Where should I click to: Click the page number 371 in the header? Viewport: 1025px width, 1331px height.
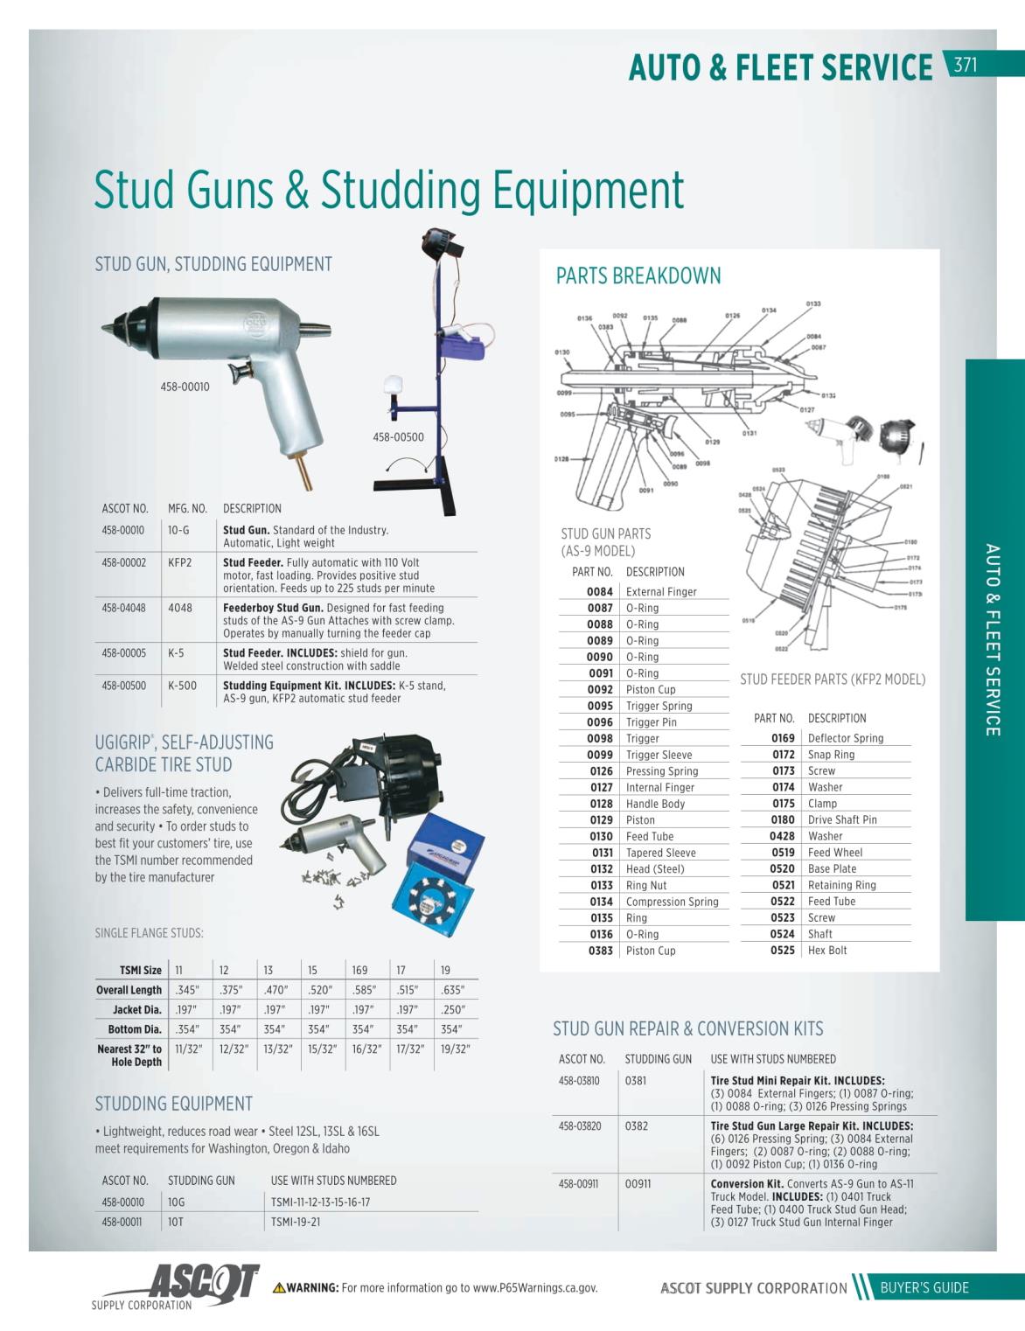pyautogui.click(x=965, y=65)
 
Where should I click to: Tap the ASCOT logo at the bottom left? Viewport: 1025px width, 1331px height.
pyautogui.click(x=205, y=1283)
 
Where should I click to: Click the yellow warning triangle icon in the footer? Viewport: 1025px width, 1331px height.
pyautogui.click(x=279, y=1287)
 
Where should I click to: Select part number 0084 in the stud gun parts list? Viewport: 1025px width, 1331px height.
pyautogui.click(x=600, y=592)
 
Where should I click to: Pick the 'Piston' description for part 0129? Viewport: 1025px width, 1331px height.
pyautogui.click(x=640, y=820)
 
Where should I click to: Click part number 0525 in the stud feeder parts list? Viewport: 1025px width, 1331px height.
pyautogui.click(x=783, y=951)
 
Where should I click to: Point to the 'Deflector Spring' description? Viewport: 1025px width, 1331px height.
pyautogui.click(x=845, y=738)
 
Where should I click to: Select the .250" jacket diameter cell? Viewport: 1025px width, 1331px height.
pyautogui.click(x=451, y=1010)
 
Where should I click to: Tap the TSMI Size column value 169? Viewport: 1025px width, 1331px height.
pyautogui.click(x=359, y=971)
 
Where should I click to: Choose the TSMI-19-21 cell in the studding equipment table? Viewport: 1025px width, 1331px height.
pyautogui.click(x=296, y=1222)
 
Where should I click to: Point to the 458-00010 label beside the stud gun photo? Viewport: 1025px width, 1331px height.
pyautogui.click(x=185, y=387)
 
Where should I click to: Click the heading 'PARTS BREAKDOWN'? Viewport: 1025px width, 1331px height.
pyautogui.click(x=638, y=276)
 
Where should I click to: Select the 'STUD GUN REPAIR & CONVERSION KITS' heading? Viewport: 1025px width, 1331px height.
pyautogui.click(x=687, y=1029)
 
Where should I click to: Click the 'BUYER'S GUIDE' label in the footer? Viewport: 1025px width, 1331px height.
pyautogui.click(x=924, y=1287)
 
